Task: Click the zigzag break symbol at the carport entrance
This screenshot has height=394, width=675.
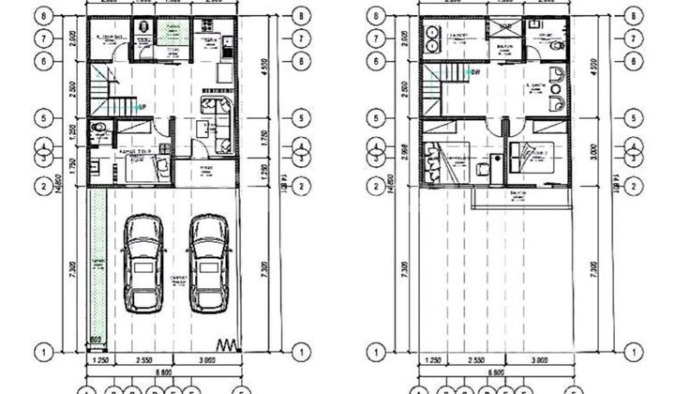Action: [x=228, y=342]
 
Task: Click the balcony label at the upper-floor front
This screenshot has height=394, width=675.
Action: [x=517, y=194]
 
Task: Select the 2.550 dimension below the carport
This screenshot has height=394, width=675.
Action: [x=144, y=359]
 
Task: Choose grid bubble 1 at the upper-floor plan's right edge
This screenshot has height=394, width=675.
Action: [x=637, y=352]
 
